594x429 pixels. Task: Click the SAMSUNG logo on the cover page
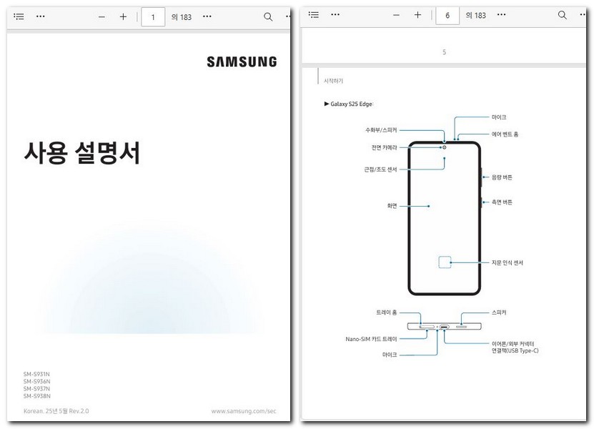pyautogui.click(x=242, y=62)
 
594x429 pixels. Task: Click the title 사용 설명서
pyautogui.click(x=81, y=152)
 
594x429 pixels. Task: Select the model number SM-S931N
pyautogui.click(x=36, y=375)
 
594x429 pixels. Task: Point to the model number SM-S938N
pyautogui.click(x=36, y=396)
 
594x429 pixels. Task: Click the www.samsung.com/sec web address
pyautogui.click(x=243, y=411)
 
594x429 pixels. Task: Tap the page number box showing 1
pyautogui.click(x=153, y=16)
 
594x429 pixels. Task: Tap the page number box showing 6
pyautogui.click(x=447, y=16)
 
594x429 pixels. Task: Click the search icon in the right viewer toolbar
pyautogui.click(x=563, y=16)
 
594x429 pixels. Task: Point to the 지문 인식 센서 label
pyautogui.click(x=507, y=262)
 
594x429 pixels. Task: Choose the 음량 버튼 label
pyautogui.click(x=502, y=177)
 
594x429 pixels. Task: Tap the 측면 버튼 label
pyautogui.click(x=502, y=202)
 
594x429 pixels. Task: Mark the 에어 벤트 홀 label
pyautogui.click(x=505, y=134)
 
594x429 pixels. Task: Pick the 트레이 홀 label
pyautogui.click(x=386, y=312)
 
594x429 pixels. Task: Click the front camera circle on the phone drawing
pyautogui.click(x=444, y=147)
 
